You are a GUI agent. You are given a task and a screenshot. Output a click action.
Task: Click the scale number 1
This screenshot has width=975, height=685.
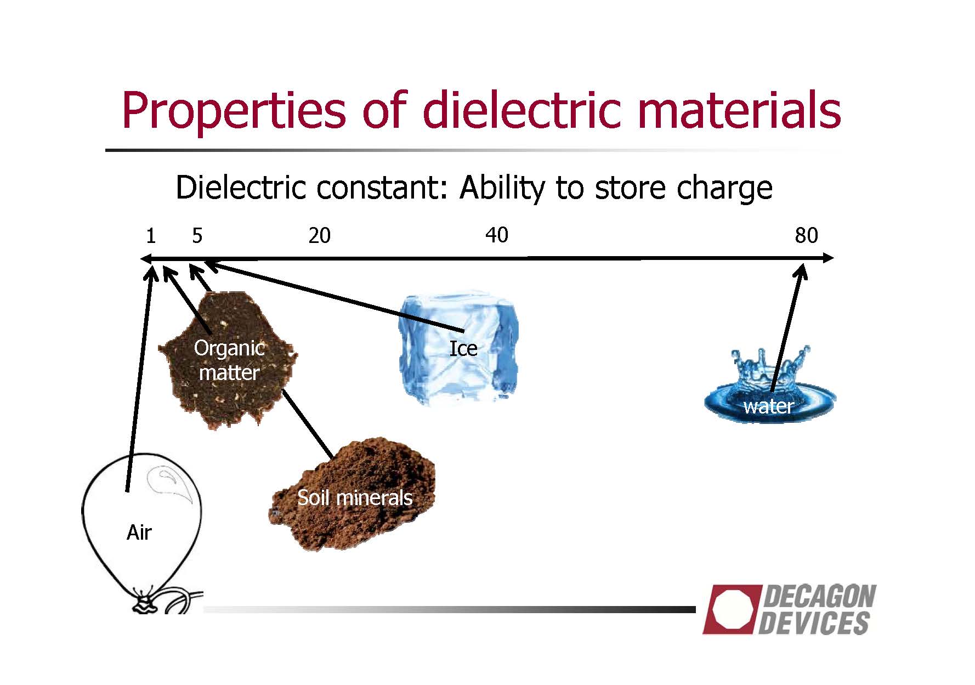click(x=151, y=236)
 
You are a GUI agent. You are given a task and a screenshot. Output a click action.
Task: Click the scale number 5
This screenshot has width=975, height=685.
click(x=197, y=236)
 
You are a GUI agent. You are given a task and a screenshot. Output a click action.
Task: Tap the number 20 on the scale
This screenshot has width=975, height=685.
click(x=319, y=236)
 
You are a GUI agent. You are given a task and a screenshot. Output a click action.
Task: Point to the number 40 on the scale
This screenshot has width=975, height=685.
click(x=497, y=235)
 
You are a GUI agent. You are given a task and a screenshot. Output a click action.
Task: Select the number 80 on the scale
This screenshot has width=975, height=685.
click(x=806, y=236)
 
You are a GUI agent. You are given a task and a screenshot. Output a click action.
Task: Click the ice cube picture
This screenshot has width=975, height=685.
click(x=458, y=349)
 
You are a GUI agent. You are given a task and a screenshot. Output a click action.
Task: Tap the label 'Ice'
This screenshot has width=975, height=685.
click(x=463, y=349)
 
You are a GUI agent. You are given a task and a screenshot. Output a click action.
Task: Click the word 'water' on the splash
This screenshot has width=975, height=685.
click(x=768, y=406)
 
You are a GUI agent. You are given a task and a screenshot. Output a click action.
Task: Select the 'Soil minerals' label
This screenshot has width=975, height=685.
click(x=355, y=498)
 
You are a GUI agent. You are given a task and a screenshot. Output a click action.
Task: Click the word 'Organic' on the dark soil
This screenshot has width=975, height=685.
click(x=229, y=349)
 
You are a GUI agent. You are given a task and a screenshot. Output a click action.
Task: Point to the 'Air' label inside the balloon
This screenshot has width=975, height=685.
click(x=139, y=533)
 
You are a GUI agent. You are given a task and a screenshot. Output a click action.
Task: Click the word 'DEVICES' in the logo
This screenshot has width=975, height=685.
click(x=814, y=623)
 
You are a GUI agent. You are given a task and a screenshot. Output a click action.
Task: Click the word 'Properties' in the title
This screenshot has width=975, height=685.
click(x=234, y=112)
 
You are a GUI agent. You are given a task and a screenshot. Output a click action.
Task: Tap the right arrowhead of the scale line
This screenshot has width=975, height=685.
click(x=828, y=258)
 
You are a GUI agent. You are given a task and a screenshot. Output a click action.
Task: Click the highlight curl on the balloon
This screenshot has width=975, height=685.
click(x=171, y=480)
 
